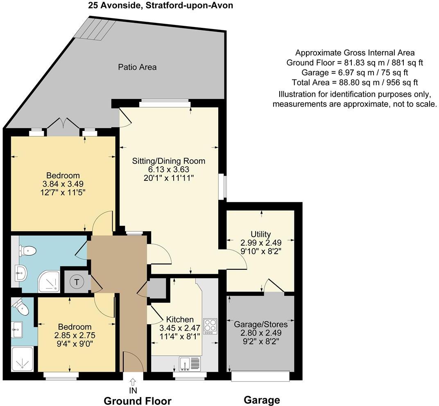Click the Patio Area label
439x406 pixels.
(137, 67)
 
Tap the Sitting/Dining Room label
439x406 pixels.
(168, 161)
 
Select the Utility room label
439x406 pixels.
(260, 234)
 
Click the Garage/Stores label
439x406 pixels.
(260, 324)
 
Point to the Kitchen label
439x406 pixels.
(179, 320)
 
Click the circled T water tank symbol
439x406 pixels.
(76, 282)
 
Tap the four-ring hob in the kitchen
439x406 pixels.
(210, 326)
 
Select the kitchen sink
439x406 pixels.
(190, 363)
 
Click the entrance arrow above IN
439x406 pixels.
(133, 381)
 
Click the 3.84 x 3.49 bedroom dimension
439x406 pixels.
(63, 184)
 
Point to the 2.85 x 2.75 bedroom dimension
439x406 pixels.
(74, 335)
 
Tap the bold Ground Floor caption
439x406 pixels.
(137, 401)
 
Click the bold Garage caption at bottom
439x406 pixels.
(262, 400)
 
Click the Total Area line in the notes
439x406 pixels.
(355, 82)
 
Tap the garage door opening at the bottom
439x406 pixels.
(260, 376)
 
